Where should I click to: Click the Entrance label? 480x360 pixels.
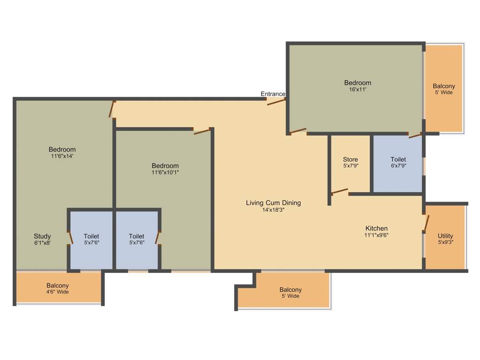pyautogui.click(x=273, y=94)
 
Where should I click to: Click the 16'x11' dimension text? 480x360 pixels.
pyautogui.click(x=358, y=90)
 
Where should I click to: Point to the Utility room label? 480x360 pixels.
pyautogui.click(x=445, y=236)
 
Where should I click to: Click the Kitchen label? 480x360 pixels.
pyautogui.click(x=376, y=228)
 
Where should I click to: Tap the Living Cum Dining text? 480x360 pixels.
pyautogui.click(x=273, y=203)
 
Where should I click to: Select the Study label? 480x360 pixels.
pyautogui.click(x=42, y=236)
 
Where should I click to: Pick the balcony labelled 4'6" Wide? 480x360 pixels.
pyautogui.click(x=58, y=288)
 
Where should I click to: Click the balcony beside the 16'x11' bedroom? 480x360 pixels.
pyautogui.click(x=443, y=89)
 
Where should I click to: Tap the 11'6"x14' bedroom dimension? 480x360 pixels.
pyautogui.click(x=62, y=156)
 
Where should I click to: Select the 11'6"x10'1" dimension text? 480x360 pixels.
pyautogui.click(x=165, y=172)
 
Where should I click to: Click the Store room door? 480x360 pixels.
pyautogui.click(x=340, y=191)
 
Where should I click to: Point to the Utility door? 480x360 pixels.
pyautogui.click(x=426, y=223)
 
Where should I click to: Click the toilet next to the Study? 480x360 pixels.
pyautogui.click(x=91, y=239)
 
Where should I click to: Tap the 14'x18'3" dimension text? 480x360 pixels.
pyautogui.click(x=273, y=210)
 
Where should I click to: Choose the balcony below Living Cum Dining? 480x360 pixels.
pyautogui.click(x=290, y=292)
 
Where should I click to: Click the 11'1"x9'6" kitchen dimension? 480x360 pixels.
pyautogui.click(x=376, y=235)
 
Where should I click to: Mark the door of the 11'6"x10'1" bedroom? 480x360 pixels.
pyautogui.click(x=202, y=131)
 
